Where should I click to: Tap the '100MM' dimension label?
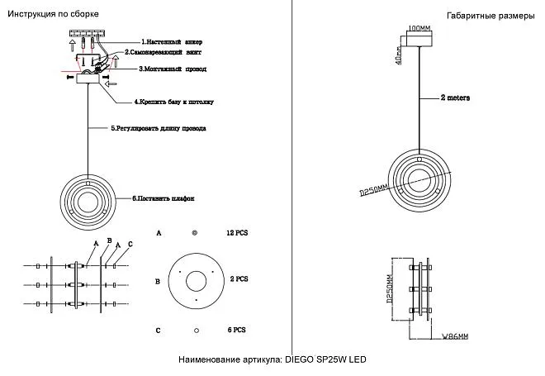(419, 28)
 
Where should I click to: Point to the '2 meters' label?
(455, 98)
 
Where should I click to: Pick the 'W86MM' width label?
(455, 337)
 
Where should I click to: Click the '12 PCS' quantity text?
(237, 234)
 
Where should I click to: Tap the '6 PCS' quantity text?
(237, 330)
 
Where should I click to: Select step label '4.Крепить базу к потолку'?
(174, 102)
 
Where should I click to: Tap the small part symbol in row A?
(196, 234)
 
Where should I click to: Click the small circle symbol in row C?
(197, 330)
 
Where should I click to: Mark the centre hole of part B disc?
(197, 281)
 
